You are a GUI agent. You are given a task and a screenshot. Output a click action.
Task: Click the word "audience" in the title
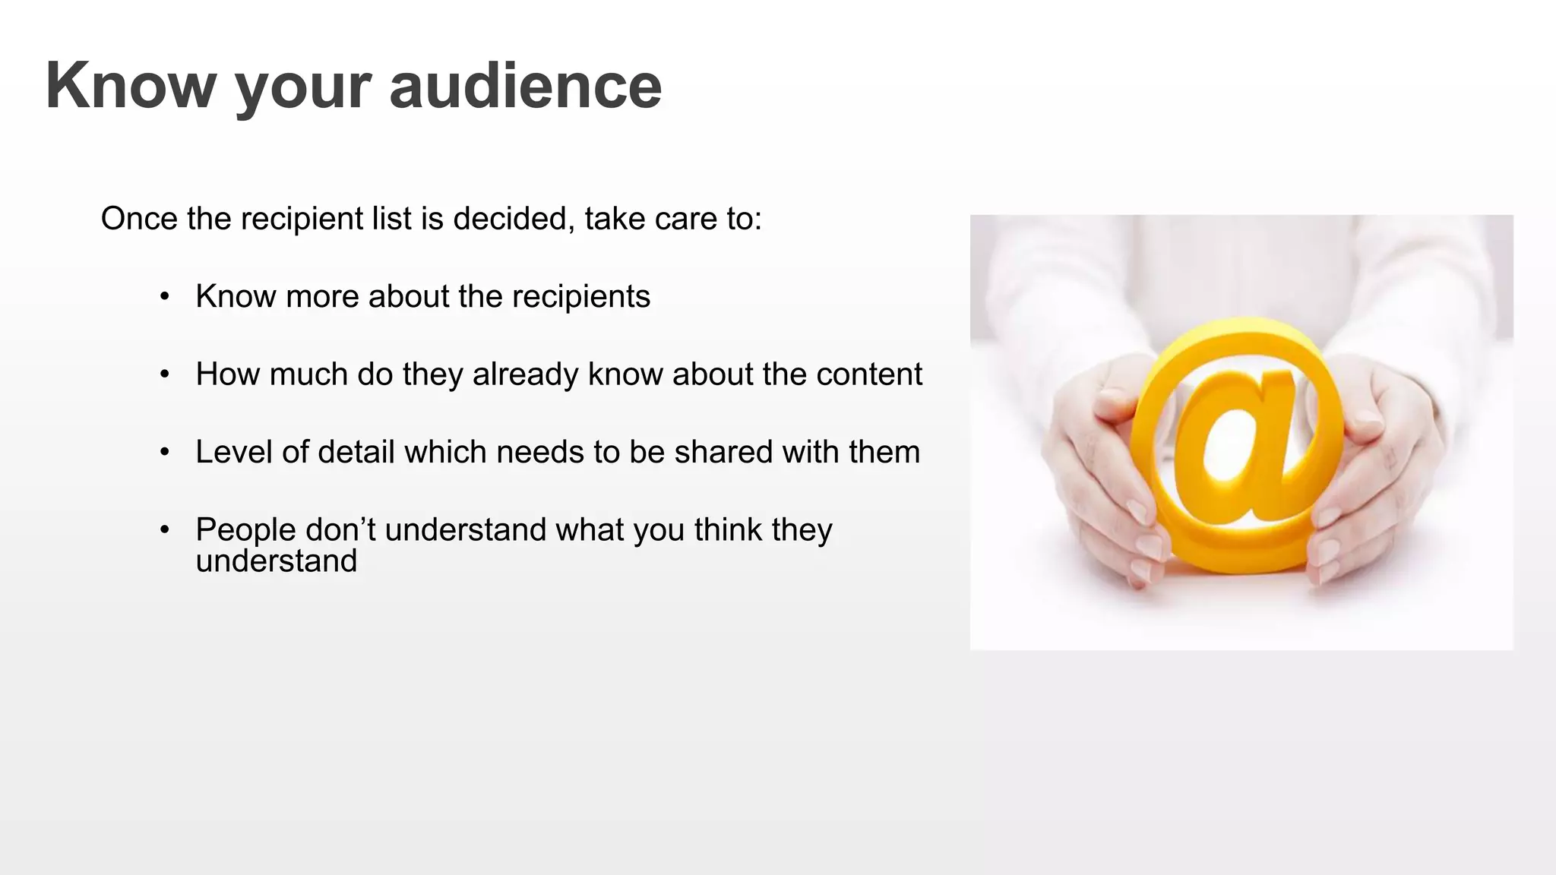pyautogui.click(x=525, y=85)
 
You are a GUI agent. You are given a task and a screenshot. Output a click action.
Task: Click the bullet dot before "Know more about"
pyautogui.click(x=164, y=297)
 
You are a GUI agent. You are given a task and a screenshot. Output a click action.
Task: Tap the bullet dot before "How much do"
pyautogui.click(x=164, y=374)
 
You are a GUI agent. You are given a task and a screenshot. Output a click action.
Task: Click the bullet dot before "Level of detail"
pyautogui.click(x=164, y=453)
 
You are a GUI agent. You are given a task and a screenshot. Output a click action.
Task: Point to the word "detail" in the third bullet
pyautogui.click(x=356, y=452)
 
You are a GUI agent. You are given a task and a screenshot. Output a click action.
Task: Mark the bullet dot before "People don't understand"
pyautogui.click(x=164, y=530)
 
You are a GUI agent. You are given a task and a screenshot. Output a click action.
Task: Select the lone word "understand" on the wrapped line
pyautogui.click(x=277, y=561)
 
